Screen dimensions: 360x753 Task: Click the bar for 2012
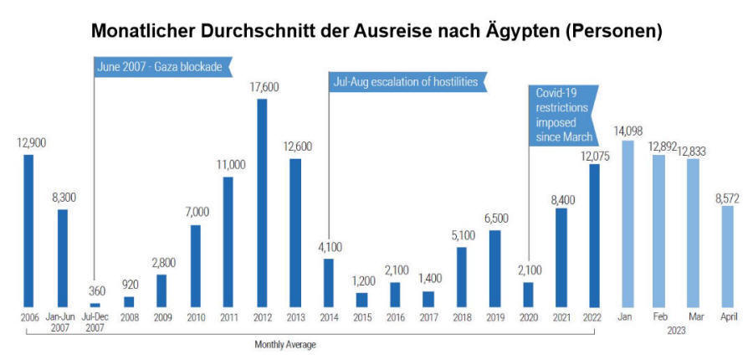click(261, 203)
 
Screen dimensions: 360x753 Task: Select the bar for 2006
click(28, 230)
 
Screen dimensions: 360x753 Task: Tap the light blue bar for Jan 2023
click(627, 224)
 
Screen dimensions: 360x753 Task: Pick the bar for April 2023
click(727, 256)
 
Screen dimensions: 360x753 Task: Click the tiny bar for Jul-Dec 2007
click(95, 305)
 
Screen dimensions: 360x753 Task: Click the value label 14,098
click(627, 131)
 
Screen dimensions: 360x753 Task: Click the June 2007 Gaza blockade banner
click(160, 67)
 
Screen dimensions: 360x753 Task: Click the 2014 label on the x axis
click(328, 317)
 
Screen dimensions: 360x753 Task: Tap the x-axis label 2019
click(494, 317)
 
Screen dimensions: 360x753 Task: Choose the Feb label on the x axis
click(659, 317)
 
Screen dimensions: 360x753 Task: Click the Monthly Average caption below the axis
click(285, 344)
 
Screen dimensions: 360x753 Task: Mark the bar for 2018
click(461, 276)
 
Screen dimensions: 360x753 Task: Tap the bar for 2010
click(195, 265)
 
